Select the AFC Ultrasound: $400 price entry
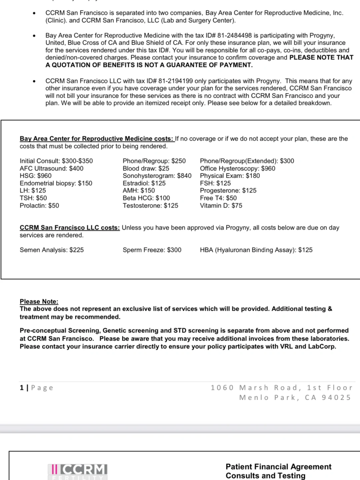tap(51, 168)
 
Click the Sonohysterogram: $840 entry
tap(157, 176)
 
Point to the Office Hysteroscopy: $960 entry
tap(237, 168)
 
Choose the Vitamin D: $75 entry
tap(221, 205)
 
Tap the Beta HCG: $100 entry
tap(146, 198)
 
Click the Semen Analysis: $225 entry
tap(52, 250)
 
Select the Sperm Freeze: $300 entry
tap(152, 250)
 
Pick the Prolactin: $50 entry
tap(39, 205)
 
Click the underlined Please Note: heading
tap(39, 301)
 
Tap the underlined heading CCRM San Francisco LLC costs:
tap(69, 228)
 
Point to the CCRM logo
tap(78, 470)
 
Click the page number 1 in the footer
tap(22, 388)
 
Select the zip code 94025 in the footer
tap(336, 397)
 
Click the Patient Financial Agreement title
tap(278, 467)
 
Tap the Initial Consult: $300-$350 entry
tap(56, 161)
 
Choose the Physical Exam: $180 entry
tap(230, 176)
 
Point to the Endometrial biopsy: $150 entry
tap(56, 183)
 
